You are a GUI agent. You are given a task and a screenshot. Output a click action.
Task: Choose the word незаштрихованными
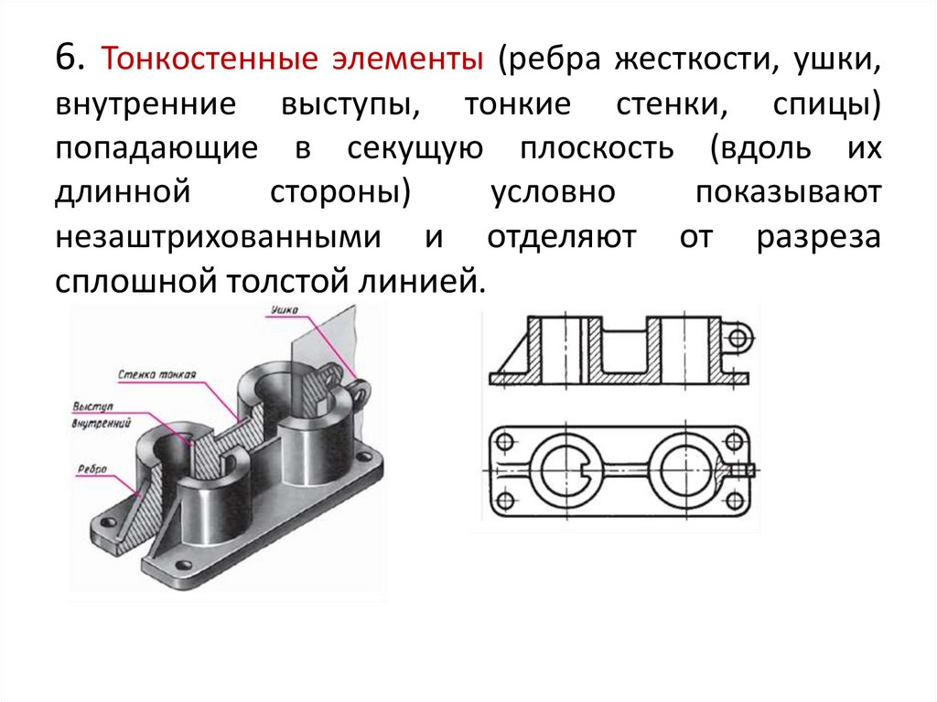pyautogui.click(x=218, y=238)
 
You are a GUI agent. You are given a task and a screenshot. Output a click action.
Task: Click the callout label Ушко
pyautogui.click(x=284, y=312)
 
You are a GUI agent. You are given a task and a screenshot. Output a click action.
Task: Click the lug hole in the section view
pyautogui.click(x=738, y=338)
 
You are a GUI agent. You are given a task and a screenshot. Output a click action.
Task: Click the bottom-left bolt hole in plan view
pyautogui.click(x=502, y=500)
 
